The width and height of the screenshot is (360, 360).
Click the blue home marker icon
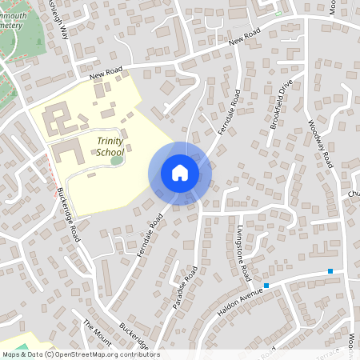pyautogui.click(x=179, y=173)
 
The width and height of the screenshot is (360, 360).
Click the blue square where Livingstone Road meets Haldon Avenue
pyautogui.click(x=266, y=285)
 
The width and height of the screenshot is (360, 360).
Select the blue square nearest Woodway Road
pyautogui.click(x=330, y=271)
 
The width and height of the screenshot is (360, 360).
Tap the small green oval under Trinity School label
pyautogui.click(x=118, y=160)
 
